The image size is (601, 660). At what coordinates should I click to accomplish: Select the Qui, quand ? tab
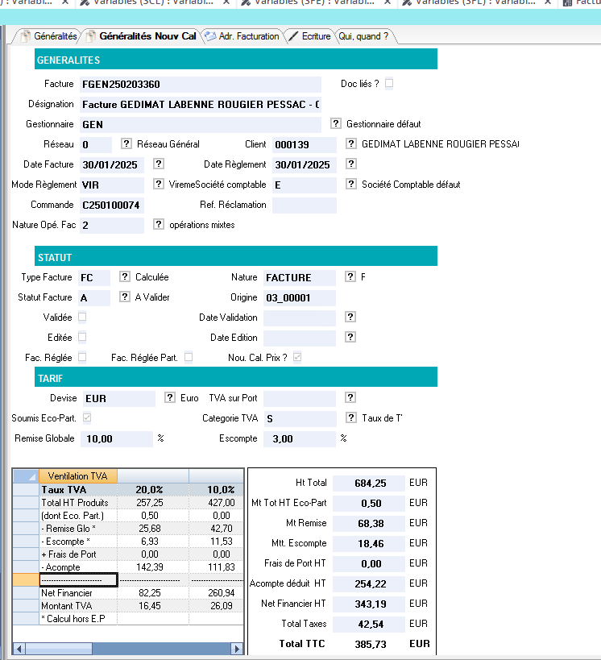(363, 36)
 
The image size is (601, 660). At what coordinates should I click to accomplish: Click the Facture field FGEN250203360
(200, 84)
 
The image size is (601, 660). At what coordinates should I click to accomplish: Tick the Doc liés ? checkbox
(390, 83)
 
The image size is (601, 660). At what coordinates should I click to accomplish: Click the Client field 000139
(304, 144)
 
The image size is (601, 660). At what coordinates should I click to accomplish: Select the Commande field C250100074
(111, 205)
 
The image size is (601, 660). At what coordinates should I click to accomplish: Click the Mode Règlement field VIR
(111, 185)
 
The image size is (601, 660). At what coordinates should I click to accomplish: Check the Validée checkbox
(82, 318)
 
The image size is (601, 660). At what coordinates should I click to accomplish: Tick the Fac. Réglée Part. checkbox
(189, 357)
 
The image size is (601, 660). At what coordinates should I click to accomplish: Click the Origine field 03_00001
(299, 297)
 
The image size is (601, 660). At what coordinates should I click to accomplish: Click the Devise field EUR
(116, 398)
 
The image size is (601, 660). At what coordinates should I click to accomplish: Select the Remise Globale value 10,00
(118, 438)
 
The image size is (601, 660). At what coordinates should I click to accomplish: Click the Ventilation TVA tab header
(77, 475)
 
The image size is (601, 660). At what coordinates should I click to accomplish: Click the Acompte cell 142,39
(150, 567)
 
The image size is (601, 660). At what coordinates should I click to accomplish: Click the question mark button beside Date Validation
(350, 318)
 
